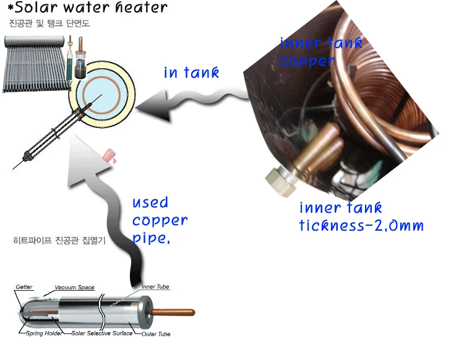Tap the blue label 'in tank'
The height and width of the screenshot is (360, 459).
(191, 72)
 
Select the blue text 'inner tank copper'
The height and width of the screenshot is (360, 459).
(320, 52)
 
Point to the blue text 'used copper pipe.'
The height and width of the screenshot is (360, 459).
(159, 221)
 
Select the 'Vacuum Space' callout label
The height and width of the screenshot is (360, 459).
(74, 288)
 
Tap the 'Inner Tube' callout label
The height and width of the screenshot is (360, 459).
(155, 287)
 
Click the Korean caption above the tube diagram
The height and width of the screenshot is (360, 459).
(59, 241)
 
